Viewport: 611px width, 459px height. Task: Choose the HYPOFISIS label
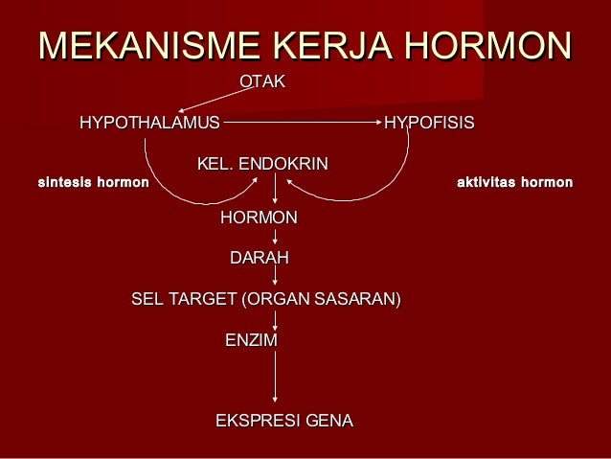pos(429,124)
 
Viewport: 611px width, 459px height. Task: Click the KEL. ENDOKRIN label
pos(262,165)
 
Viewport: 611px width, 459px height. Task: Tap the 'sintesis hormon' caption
pos(93,181)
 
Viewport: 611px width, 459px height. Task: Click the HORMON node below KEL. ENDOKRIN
pos(259,218)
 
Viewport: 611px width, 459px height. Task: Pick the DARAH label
pos(259,259)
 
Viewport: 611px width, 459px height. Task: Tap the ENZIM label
pos(250,341)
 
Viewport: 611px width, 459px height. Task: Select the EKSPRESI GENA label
pos(284,421)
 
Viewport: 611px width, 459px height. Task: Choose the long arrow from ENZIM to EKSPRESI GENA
pos(276,379)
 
